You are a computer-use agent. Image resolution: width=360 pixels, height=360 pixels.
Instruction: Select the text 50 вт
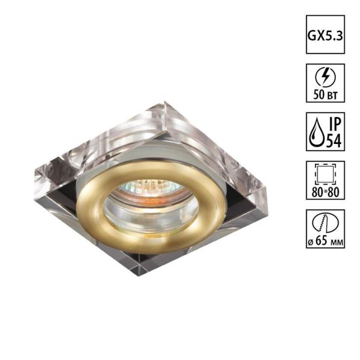322,95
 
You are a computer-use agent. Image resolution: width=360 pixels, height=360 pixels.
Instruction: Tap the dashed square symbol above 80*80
322,172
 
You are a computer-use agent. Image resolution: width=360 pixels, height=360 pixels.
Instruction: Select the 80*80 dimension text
322,194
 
